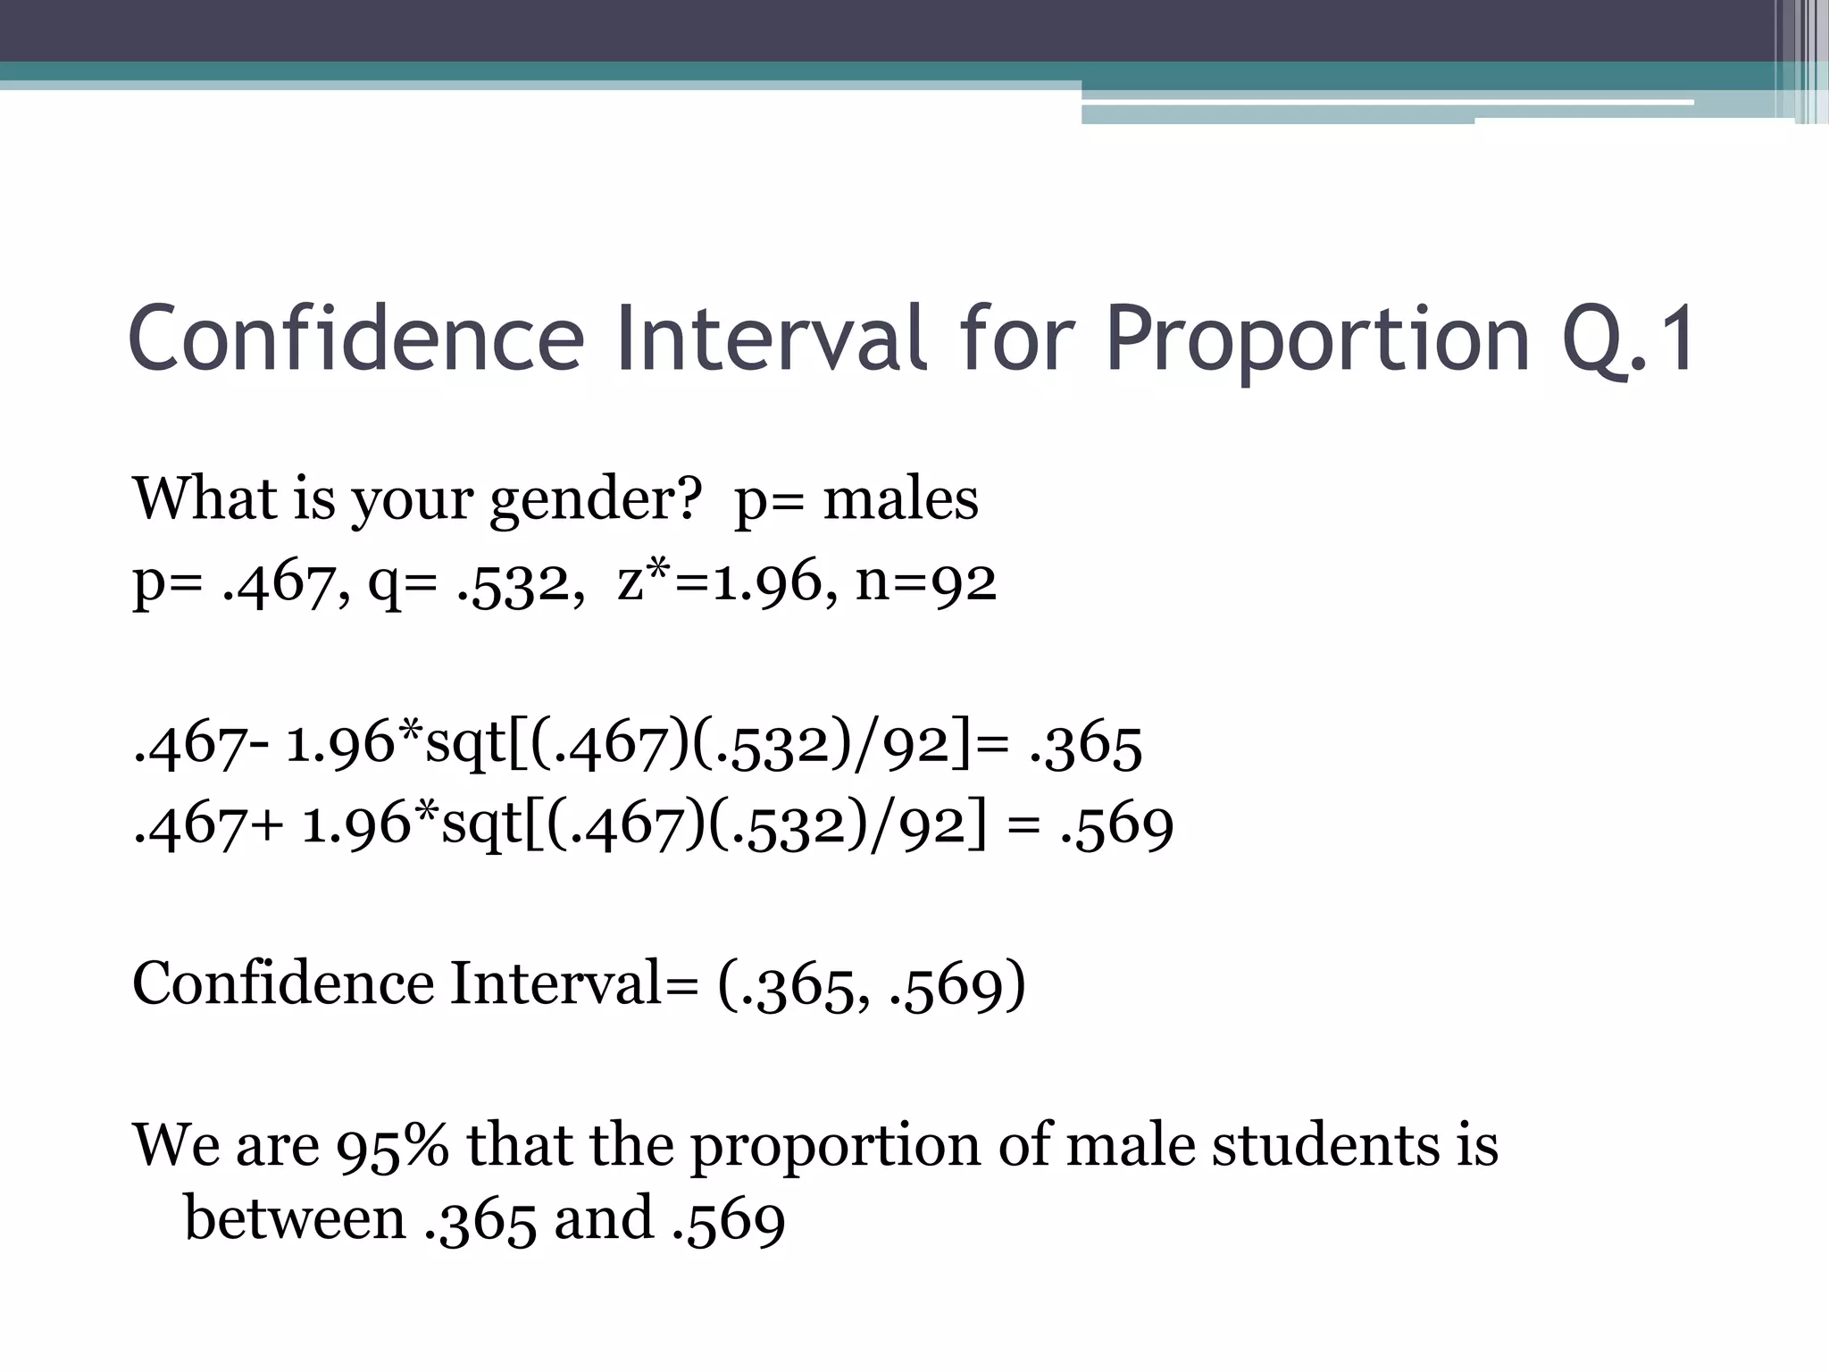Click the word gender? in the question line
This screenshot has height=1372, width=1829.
coord(597,500)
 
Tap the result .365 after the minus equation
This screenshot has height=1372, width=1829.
coord(1085,746)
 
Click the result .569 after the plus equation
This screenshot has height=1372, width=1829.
coord(1116,826)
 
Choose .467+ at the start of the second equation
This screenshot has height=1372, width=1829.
coord(208,826)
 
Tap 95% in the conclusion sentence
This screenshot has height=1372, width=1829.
coord(392,1146)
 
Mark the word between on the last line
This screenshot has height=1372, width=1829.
coord(295,1218)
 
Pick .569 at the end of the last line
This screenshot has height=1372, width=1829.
coord(728,1220)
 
